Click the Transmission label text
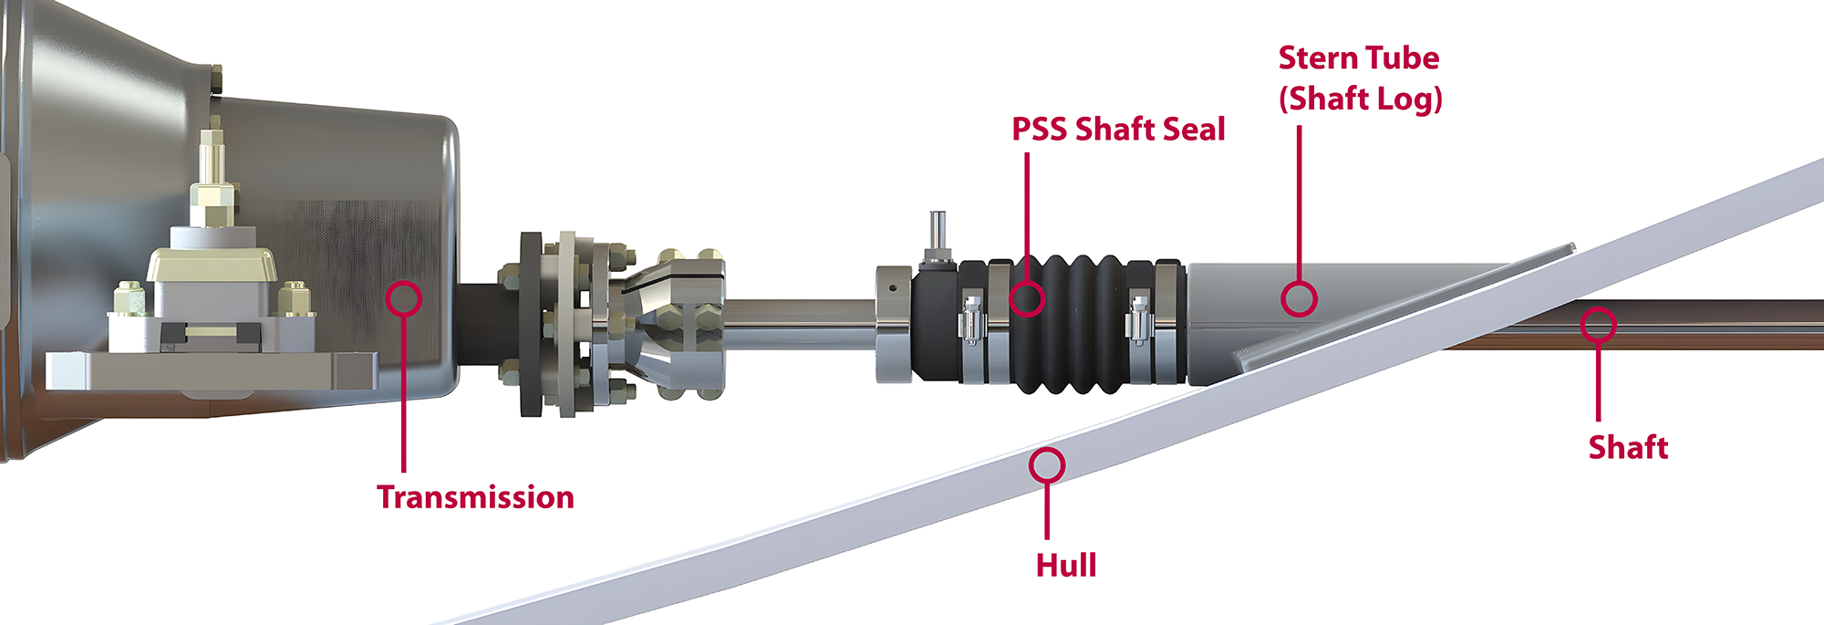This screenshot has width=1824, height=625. coord(475,497)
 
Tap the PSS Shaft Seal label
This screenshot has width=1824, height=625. coord(1118,130)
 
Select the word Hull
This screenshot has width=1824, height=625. coord(1066,566)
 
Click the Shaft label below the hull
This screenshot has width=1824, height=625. coord(1628,447)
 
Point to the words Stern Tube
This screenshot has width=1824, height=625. coord(1359,57)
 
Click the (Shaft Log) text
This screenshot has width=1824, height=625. coord(1361,99)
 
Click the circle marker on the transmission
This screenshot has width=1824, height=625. coord(403,298)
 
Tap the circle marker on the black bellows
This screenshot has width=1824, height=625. coord(1027,298)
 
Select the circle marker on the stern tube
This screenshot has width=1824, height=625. coord(1299,298)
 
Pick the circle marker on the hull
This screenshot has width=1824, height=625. coord(1047,465)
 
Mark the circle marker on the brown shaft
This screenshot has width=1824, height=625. coord(1598,325)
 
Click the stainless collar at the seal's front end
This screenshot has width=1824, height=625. coord(895,324)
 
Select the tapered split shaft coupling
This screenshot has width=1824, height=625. coord(675,324)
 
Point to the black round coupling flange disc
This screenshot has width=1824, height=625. coord(531,324)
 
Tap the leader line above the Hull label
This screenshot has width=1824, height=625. coord(1047,511)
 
